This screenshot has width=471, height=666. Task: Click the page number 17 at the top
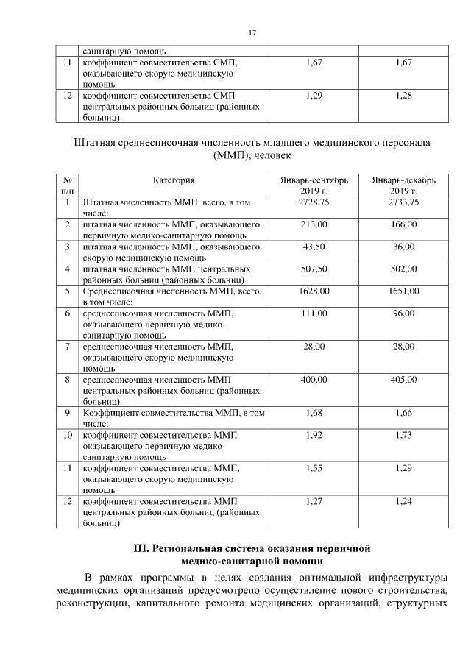(x=252, y=33)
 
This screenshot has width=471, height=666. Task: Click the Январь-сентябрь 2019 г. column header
(x=314, y=185)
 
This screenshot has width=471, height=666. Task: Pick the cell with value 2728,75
(x=314, y=202)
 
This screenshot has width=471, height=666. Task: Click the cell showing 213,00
(x=314, y=224)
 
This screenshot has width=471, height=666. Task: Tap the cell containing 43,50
(x=314, y=247)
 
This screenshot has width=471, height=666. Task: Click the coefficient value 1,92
(x=314, y=436)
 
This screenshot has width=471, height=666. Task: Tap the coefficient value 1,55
(x=314, y=469)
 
